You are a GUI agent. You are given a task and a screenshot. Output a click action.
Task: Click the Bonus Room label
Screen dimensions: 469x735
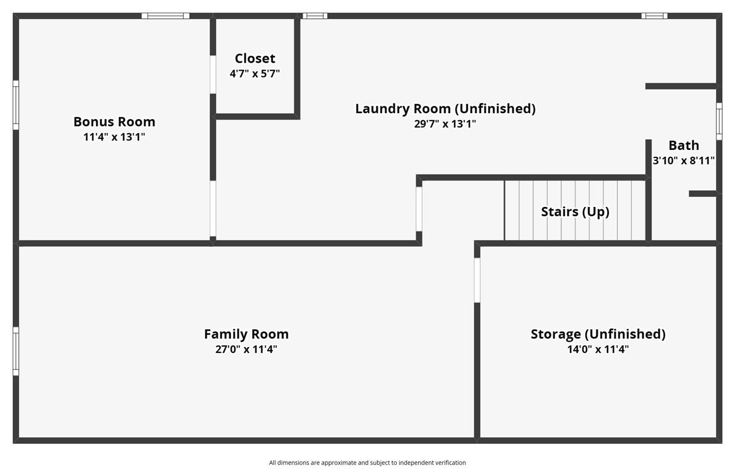(114, 122)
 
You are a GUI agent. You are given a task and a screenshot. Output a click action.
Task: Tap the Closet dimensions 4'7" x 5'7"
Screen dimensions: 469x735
(255, 74)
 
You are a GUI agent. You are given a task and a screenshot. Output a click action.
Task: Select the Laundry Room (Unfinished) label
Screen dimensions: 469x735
(445, 109)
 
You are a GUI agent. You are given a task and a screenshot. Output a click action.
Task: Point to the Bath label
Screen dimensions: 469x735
(684, 145)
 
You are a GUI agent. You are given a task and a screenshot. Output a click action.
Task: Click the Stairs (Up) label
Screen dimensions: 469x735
(575, 212)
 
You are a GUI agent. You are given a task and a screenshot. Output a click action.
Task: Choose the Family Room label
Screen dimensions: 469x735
(246, 334)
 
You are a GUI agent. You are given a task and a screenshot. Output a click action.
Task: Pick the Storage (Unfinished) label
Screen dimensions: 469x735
(598, 334)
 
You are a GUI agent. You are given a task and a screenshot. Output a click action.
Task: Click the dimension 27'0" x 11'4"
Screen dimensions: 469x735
(246, 349)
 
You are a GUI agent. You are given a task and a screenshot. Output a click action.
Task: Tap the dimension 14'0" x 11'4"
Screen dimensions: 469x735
(598, 349)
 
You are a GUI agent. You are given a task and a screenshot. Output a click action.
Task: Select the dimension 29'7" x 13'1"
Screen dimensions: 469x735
(445, 124)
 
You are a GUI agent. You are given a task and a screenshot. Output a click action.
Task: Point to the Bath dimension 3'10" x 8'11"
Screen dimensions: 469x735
(684, 161)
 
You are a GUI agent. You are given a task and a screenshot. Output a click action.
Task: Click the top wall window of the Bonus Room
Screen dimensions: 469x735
(165, 16)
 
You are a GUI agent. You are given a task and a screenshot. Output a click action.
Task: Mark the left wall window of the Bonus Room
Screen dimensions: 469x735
(16, 105)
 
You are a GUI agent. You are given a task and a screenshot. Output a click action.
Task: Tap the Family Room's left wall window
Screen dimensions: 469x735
(16, 351)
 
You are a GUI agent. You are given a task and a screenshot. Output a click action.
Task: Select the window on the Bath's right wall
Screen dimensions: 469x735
(719, 121)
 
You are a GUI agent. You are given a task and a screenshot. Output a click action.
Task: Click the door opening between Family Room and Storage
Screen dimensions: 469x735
(477, 280)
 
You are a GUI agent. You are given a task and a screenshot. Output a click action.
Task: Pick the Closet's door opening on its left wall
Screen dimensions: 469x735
(212, 74)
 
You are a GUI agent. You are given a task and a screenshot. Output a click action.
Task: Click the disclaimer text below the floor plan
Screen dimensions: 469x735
(367, 463)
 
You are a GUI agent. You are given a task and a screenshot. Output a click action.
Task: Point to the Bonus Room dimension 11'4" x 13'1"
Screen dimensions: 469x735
(114, 137)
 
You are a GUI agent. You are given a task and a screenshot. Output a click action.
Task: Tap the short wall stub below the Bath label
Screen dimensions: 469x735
(702, 194)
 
